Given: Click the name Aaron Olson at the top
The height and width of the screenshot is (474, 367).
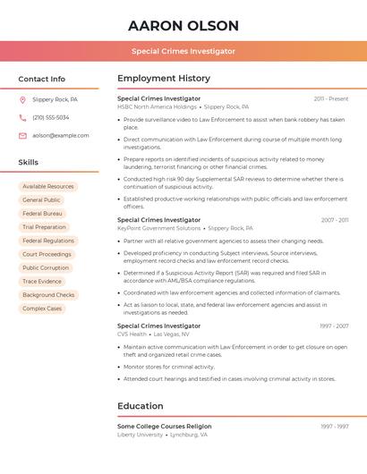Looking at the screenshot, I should click(183, 25).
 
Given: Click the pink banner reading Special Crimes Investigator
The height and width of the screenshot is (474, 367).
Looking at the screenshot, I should click(183, 51).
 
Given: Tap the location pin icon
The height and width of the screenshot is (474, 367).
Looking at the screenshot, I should click(22, 100).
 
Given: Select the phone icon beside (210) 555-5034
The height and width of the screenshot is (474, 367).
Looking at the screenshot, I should click(22, 118).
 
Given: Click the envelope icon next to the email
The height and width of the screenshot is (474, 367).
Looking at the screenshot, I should click(22, 136).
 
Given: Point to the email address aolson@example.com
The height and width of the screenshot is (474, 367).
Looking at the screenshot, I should click(61, 136).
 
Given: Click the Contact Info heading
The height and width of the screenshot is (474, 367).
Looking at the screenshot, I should click(42, 79).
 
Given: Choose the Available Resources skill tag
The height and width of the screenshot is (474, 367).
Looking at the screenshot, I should click(48, 187).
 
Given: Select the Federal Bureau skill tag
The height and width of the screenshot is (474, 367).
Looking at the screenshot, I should click(42, 214).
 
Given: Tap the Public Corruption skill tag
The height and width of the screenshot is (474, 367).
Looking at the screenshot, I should click(46, 268).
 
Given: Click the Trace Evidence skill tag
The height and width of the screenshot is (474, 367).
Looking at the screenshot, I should click(42, 282).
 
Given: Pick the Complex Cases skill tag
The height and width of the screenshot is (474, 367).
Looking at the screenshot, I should click(42, 309).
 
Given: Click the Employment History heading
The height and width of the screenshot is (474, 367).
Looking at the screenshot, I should click(164, 79).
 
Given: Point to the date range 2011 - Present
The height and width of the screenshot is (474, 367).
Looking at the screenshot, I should click(330, 99).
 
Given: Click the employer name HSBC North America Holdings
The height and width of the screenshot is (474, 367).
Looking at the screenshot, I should click(157, 107).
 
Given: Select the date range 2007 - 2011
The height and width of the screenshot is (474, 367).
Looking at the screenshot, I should click(334, 220).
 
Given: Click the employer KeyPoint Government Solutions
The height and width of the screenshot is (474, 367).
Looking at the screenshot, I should click(159, 228).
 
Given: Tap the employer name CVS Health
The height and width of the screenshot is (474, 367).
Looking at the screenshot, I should click(132, 334).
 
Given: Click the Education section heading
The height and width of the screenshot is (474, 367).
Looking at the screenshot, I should click(141, 406).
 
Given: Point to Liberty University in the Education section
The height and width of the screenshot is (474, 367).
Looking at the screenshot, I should click(141, 435).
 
